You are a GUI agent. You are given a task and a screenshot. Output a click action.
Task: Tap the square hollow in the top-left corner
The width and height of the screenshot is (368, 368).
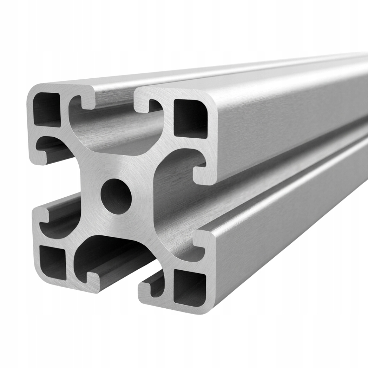tap(47, 109)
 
